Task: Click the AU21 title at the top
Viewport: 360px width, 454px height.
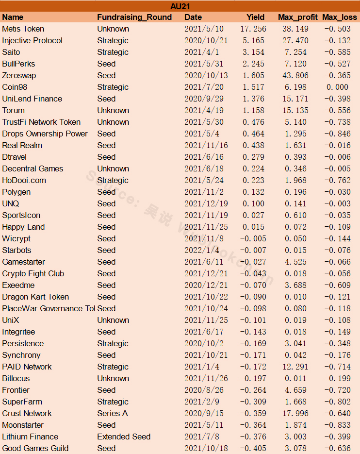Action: tap(180, 6)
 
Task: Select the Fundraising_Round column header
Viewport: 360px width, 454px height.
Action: tap(134, 17)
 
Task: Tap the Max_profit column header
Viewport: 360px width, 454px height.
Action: tap(298, 17)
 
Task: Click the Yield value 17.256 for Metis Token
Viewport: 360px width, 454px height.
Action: tap(253, 29)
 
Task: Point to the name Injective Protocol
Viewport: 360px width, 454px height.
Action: tap(32, 40)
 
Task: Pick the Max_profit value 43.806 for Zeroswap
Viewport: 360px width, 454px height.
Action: tap(295, 76)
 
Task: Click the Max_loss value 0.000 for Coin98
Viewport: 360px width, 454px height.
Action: tap(337, 87)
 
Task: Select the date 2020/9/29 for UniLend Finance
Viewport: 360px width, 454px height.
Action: tap(204, 99)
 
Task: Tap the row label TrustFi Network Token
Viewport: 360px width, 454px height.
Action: tap(41, 122)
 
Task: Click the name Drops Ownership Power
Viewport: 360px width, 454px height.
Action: tap(45, 134)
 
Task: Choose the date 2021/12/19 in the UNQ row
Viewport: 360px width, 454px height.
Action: tap(206, 203)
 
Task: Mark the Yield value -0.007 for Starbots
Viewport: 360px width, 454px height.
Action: tap(253, 250)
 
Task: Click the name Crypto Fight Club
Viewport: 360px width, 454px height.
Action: tap(33, 274)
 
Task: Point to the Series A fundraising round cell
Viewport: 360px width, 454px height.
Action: tap(113, 414)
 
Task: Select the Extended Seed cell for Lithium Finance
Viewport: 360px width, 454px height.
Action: tap(124, 437)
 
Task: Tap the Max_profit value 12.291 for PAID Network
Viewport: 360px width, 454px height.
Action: tap(295, 367)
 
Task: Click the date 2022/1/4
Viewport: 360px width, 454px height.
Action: tap(202, 250)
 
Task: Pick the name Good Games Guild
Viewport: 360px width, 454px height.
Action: tap(35, 448)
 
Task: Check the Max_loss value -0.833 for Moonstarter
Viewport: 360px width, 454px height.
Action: tap(337, 425)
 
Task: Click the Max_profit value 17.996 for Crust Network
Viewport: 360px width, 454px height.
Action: tap(295, 414)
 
